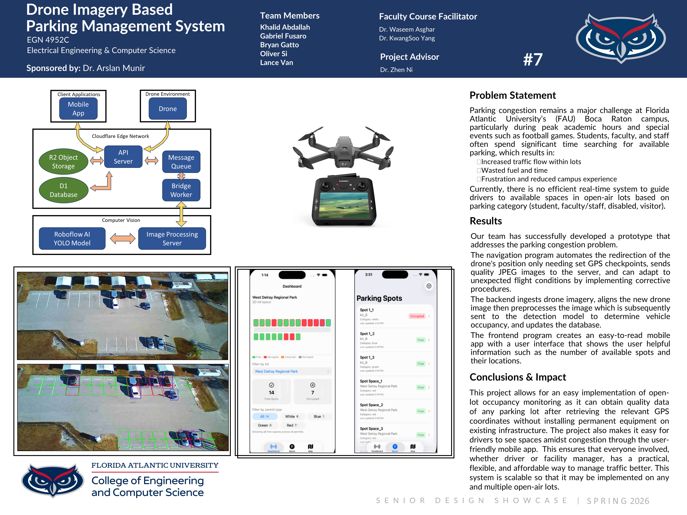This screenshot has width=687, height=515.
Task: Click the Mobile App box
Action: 78,109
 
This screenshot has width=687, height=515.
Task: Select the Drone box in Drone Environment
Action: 168,109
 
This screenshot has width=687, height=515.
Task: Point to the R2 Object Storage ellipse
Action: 63,161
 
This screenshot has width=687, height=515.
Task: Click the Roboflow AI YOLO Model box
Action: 72,238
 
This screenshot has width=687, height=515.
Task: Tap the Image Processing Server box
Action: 172,238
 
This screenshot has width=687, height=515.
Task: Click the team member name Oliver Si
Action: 274,54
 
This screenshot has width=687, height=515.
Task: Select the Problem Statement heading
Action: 512,95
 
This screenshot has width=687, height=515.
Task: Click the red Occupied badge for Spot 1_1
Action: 417,316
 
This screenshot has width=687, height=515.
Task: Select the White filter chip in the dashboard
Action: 291,416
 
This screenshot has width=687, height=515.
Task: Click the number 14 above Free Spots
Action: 271,392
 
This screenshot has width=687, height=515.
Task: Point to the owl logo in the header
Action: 621,38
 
